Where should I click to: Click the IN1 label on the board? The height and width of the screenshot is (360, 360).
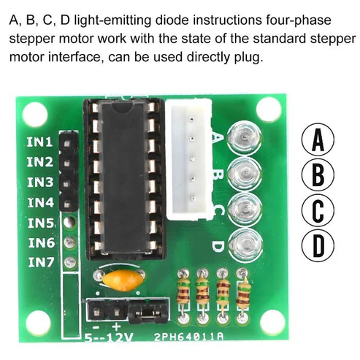[x=39, y=142]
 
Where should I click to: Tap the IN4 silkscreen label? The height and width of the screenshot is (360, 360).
[x=40, y=202]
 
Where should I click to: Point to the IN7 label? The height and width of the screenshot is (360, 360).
[x=41, y=262]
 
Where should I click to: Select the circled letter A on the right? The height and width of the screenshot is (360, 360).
[x=318, y=139]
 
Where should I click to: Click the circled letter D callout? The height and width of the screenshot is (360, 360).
[x=318, y=245]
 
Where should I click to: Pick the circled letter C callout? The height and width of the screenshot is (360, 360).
[x=318, y=210]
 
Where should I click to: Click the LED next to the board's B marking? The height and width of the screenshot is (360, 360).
[x=245, y=173]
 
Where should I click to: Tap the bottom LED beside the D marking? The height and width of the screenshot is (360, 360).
[x=245, y=244]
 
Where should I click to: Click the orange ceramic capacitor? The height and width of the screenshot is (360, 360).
[x=121, y=280]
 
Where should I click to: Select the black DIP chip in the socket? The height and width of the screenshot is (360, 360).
[x=126, y=177]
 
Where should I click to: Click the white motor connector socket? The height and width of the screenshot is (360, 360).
[x=189, y=159]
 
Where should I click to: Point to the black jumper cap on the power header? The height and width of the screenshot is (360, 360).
[x=148, y=312]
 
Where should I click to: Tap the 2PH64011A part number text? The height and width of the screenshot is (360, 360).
[x=188, y=337]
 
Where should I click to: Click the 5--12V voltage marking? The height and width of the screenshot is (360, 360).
[x=109, y=337]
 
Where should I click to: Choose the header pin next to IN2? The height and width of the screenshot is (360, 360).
[x=68, y=162]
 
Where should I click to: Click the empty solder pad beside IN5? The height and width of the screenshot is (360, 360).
[x=69, y=221]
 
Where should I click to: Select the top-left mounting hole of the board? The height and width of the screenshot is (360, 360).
[x=34, y=115]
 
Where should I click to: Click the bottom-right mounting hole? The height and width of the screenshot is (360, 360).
[x=272, y=323]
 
